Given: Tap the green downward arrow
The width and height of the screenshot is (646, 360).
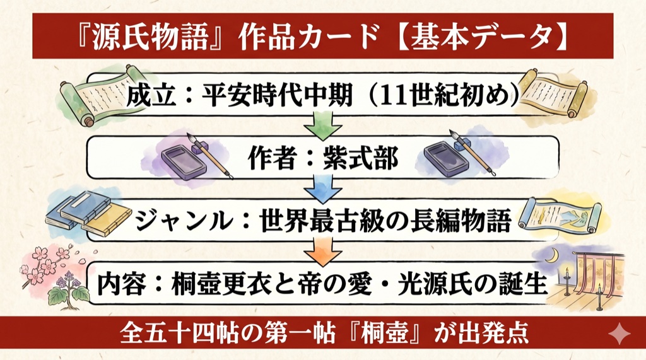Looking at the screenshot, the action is coord(323,124).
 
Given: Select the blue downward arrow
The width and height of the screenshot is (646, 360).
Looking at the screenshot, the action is coord(323,189).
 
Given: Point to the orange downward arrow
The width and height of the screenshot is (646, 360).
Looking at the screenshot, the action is coord(323,252).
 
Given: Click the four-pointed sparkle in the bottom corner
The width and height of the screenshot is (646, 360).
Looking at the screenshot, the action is coord(620,334).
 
